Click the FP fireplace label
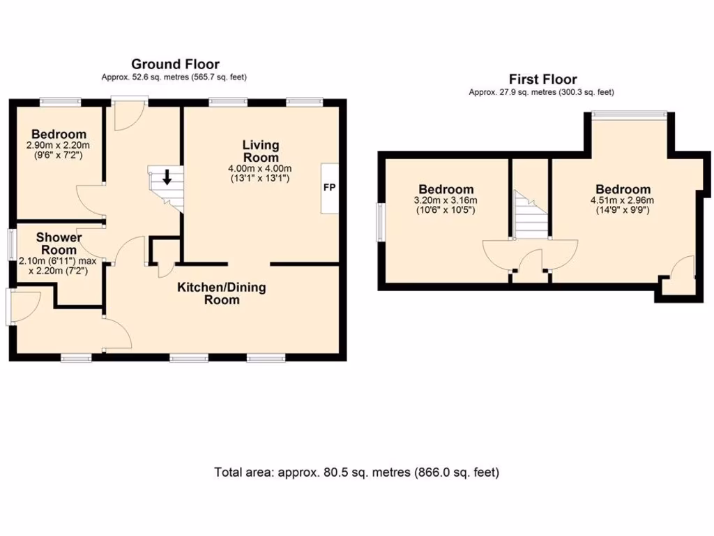tap(328, 188)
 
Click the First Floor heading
tap(542, 80)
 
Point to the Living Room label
tap(261, 151)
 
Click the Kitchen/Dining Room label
tap(222, 294)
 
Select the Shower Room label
tap(59, 244)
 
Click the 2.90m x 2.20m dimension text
tap(59, 146)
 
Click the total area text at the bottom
tap(356, 472)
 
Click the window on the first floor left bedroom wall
tap(381, 219)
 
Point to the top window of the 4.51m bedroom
tap(630, 114)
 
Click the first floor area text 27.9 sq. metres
tap(542, 91)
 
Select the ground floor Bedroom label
tap(59, 134)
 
